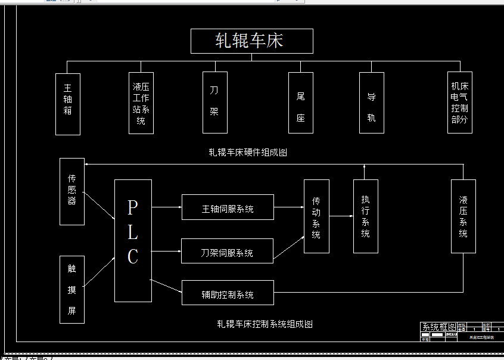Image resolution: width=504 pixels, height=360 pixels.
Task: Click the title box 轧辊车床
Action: [251, 41]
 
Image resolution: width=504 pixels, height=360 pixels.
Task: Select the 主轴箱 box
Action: [67, 103]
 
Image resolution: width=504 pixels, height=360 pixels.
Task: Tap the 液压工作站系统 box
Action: [141, 103]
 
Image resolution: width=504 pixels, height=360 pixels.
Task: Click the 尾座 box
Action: [300, 103]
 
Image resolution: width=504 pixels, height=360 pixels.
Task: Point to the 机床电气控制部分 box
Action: [460, 103]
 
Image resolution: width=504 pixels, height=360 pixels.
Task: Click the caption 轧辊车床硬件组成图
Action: [248, 152]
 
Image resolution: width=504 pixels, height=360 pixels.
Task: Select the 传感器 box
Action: [72, 191]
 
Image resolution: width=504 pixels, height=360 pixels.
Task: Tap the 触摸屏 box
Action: [72, 290]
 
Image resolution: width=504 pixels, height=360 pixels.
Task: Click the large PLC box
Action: [133, 240]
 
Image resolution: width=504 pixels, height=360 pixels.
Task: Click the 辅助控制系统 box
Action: [228, 293]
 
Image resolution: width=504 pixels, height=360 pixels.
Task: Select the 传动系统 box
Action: [316, 216]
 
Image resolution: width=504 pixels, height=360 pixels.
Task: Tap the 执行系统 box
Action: [366, 216]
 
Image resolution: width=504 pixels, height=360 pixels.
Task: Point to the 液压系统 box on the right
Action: [463, 216]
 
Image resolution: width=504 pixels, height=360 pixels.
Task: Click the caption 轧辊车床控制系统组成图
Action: [265, 324]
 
